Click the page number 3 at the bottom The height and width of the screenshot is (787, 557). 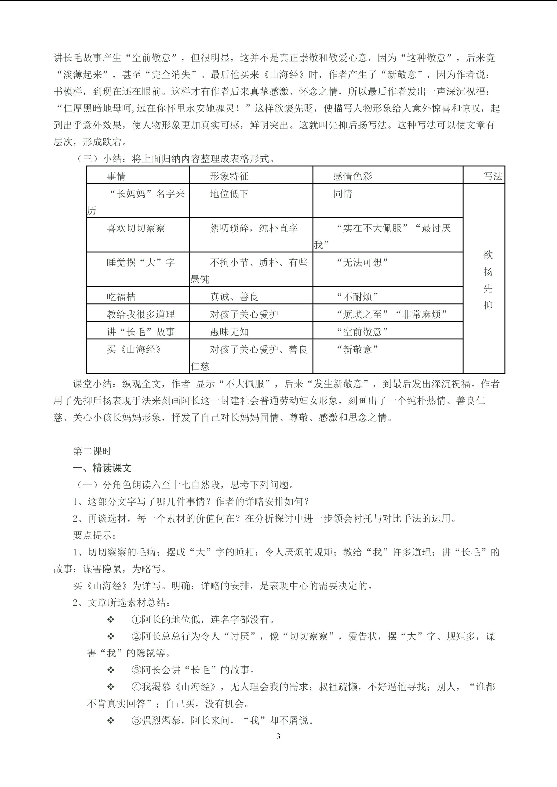pos(278,736)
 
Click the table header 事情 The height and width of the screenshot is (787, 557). pos(116,176)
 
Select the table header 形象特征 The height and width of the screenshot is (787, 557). pos(229,176)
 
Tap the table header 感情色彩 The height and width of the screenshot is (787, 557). pos(353,176)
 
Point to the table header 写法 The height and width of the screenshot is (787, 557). pos(493,176)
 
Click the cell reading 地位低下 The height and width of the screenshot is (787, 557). pos(229,194)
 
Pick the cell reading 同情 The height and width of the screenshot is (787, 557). pos(343,194)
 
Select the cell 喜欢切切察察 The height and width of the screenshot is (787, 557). pos(136,228)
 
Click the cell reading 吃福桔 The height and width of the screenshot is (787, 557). pos(121,297)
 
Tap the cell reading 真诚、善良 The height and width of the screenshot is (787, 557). pos(234,297)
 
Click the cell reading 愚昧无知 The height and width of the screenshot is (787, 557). pos(229,332)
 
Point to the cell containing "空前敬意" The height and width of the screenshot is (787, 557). pos(362,332)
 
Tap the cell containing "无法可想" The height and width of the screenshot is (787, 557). pos(362,262)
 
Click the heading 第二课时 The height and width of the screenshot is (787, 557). pos(92,451)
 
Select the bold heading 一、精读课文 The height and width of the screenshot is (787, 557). pos(102,468)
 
